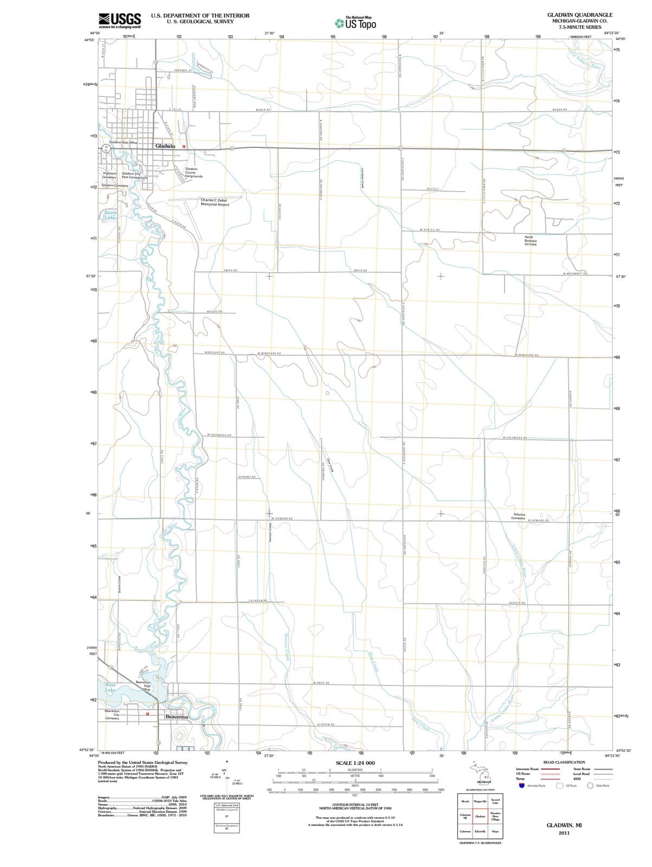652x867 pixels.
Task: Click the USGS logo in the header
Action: [x=120, y=20]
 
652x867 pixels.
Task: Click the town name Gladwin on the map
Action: [x=165, y=146]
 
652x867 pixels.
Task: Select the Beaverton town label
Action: [x=177, y=717]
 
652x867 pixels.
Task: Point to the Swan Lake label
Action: [x=110, y=215]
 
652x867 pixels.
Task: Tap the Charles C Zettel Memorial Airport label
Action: [x=215, y=202]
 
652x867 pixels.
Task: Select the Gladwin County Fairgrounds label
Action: [x=194, y=172]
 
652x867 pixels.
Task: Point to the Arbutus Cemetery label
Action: [x=519, y=515]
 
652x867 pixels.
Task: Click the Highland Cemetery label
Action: [x=109, y=175]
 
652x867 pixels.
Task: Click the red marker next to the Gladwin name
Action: [x=184, y=146]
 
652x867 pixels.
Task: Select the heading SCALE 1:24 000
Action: [x=355, y=763]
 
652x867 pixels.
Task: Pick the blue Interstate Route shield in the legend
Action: [x=522, y=785]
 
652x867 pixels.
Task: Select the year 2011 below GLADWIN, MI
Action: [x=564, y=832]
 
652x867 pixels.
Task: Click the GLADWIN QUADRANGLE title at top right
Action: [x=579, y=15]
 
